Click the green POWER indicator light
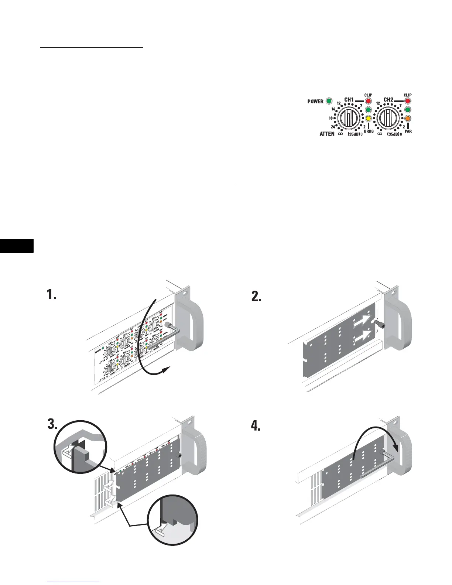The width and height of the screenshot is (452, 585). click(x=329, y=101)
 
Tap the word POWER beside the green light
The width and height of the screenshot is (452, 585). click(x=315, y=101)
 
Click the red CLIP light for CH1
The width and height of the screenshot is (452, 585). click(x=368, y=100)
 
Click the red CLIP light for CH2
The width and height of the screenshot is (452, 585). click(x=408, y=100)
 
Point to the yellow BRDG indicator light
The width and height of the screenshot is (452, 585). click(x=368, y=119)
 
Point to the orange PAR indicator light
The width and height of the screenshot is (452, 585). click(x=408, y=119)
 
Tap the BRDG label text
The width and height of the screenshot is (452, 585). click(x=369, y=131)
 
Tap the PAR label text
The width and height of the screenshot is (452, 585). click(x=408, y=131)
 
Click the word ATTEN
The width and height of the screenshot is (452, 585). click(x=327, y=134)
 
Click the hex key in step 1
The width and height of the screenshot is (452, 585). click(x=174, y=331)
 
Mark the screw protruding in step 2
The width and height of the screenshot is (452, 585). click(x=380, y=324)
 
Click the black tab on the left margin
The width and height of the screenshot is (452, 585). click(x=17, y=246)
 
